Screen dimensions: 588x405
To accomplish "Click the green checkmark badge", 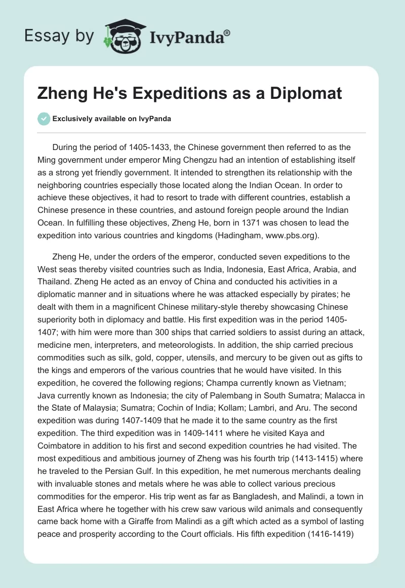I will click(x=44, y=119).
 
